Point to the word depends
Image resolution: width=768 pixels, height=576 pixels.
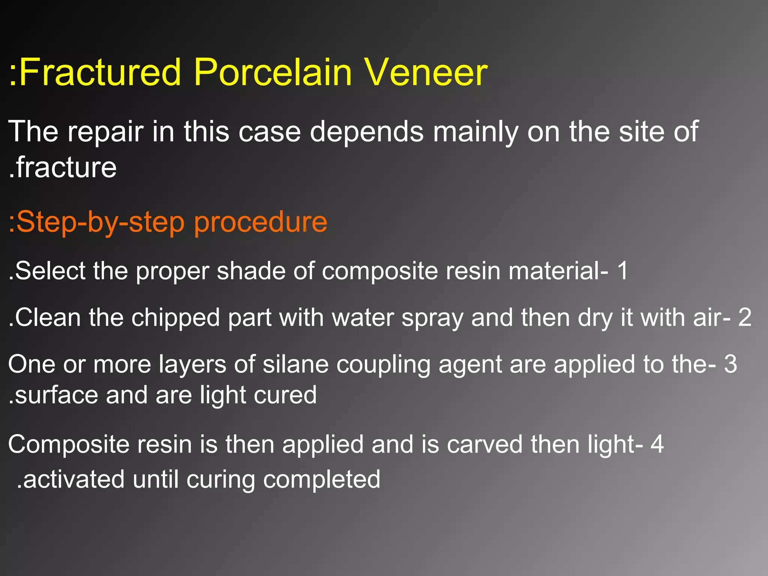tap(366, 132)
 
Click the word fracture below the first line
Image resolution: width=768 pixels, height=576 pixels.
tap(66, 168)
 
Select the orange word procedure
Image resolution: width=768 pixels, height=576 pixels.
tap(261, 222)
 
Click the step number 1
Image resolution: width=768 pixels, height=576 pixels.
tap(622, 270)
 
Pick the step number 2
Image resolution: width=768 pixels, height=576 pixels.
tap(745, 317)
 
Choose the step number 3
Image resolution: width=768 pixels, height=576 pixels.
tap(730, 364)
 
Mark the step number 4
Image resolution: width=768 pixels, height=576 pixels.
tap(657, 444)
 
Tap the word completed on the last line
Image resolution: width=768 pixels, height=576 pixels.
tap(321, 480)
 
